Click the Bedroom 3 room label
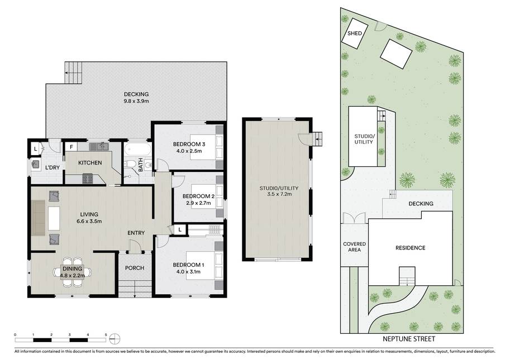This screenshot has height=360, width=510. (x=189, y=144)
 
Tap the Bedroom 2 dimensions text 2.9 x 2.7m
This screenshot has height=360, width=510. (x=198, y=203)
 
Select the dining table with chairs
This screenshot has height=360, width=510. (x=73, y=272)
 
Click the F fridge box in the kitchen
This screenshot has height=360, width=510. (x=71, y=147)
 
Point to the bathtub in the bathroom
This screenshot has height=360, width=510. (x=137, y=150)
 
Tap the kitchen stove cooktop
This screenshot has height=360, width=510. (x=88, y=179)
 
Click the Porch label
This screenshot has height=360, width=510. (x=135, y=268)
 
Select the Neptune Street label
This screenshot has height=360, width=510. (x=409, y=339)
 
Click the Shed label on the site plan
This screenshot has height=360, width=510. (x=355, y=33)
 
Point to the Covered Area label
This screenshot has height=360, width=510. (x=355, y=247)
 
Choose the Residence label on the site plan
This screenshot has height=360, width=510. (x=411, y=248)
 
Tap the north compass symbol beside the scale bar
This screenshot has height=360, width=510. (x=115, y=339)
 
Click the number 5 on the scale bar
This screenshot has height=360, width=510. (x=106, y=335)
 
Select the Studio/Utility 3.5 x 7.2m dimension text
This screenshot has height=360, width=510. (x=279, y=194)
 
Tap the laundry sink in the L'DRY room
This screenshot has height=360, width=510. (x=35, y=165)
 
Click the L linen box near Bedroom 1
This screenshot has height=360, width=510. (x=180, y=230)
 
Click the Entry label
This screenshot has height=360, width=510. (x=136, y=233)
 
